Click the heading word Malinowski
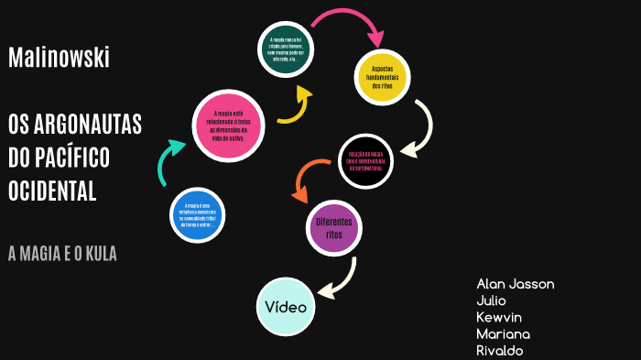(59, 58)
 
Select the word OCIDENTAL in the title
(52, 191)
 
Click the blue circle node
(198, 215)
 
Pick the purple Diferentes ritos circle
(332, 227)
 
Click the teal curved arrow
(171, 161)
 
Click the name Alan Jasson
(515, 284)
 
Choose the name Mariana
(503, 333)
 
